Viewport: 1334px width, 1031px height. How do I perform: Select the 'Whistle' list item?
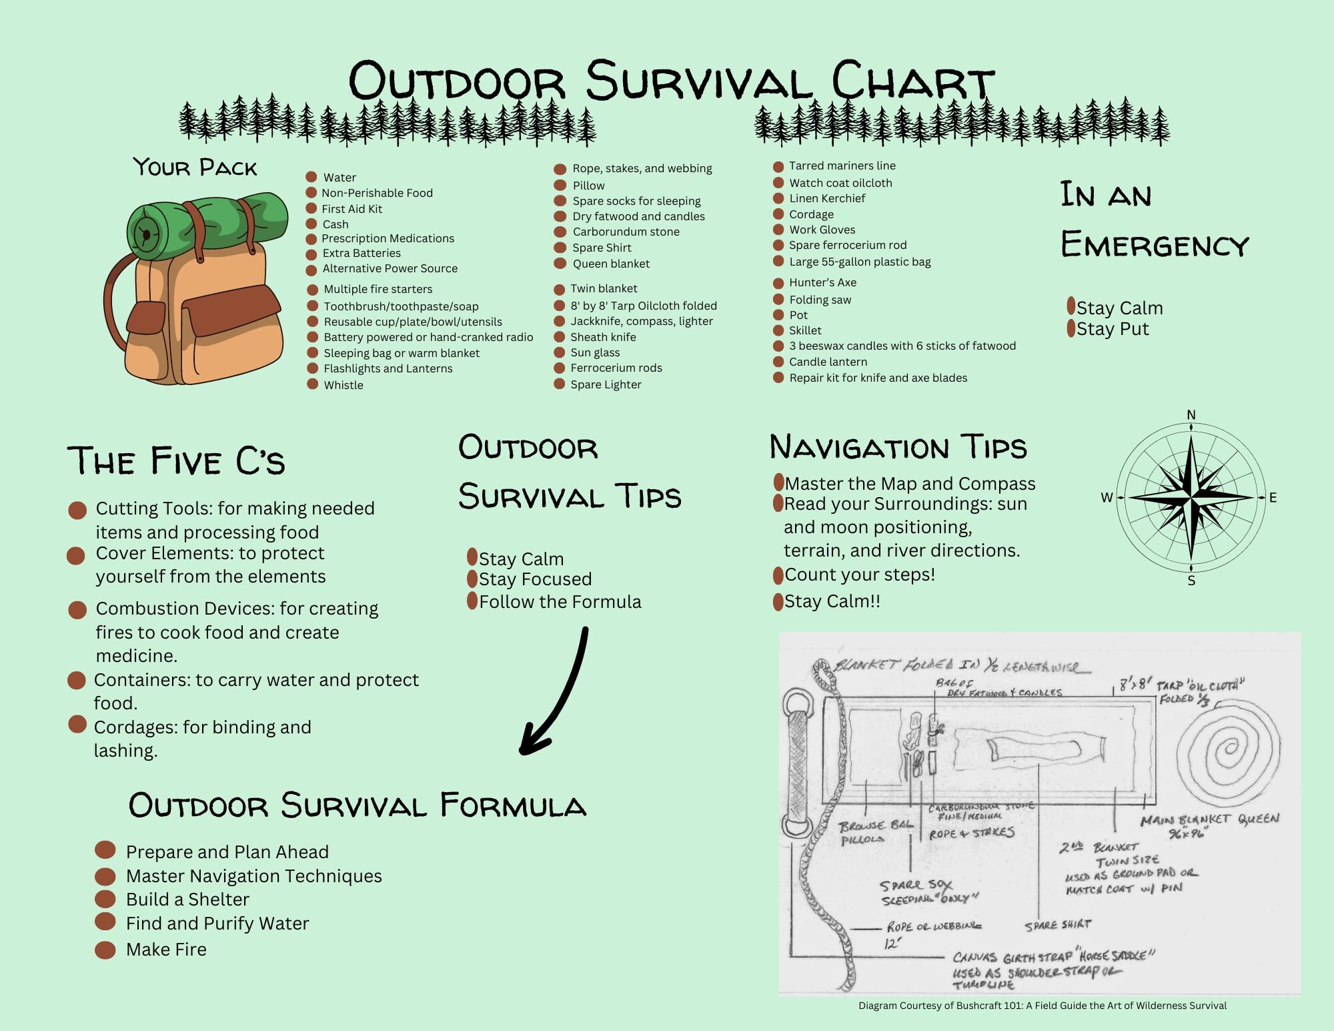343,385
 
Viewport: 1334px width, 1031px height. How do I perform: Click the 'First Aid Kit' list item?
352,209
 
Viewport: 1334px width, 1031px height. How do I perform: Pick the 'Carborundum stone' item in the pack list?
626,232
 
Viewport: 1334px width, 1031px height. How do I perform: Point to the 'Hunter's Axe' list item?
822,282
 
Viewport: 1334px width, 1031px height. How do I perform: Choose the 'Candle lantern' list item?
828,362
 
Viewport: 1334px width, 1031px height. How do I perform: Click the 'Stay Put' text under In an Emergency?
1112,329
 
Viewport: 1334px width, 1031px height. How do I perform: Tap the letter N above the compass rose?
1191,415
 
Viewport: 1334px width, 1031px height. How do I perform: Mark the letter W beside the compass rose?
1107,497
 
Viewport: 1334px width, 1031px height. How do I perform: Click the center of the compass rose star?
1191,497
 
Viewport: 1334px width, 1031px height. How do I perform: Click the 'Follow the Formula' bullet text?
560,602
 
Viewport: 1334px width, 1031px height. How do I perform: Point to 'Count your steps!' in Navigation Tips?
859,575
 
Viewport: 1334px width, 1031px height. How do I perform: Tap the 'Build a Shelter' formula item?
187,900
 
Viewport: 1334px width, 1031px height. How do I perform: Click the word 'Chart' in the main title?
912,81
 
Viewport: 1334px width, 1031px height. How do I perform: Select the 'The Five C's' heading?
176,460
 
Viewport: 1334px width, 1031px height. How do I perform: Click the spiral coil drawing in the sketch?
1227,751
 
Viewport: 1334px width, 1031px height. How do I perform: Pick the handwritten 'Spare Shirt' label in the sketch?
1058,925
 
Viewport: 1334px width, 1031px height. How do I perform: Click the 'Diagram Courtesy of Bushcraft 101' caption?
1042,1006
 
